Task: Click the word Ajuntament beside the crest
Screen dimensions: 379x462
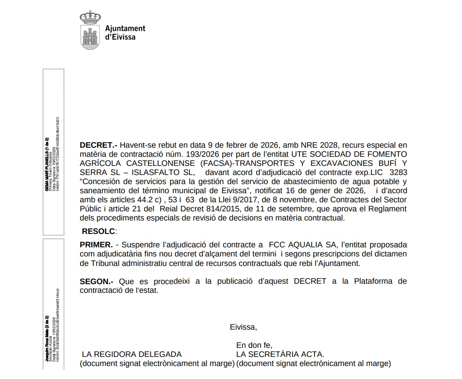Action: point(125,29)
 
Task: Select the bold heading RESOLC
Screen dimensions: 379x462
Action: point(99,231)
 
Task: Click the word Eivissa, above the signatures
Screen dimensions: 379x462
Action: point(243,327)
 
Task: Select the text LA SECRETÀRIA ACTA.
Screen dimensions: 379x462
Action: point(280,354)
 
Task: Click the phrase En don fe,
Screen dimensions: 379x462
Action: point(254,345)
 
